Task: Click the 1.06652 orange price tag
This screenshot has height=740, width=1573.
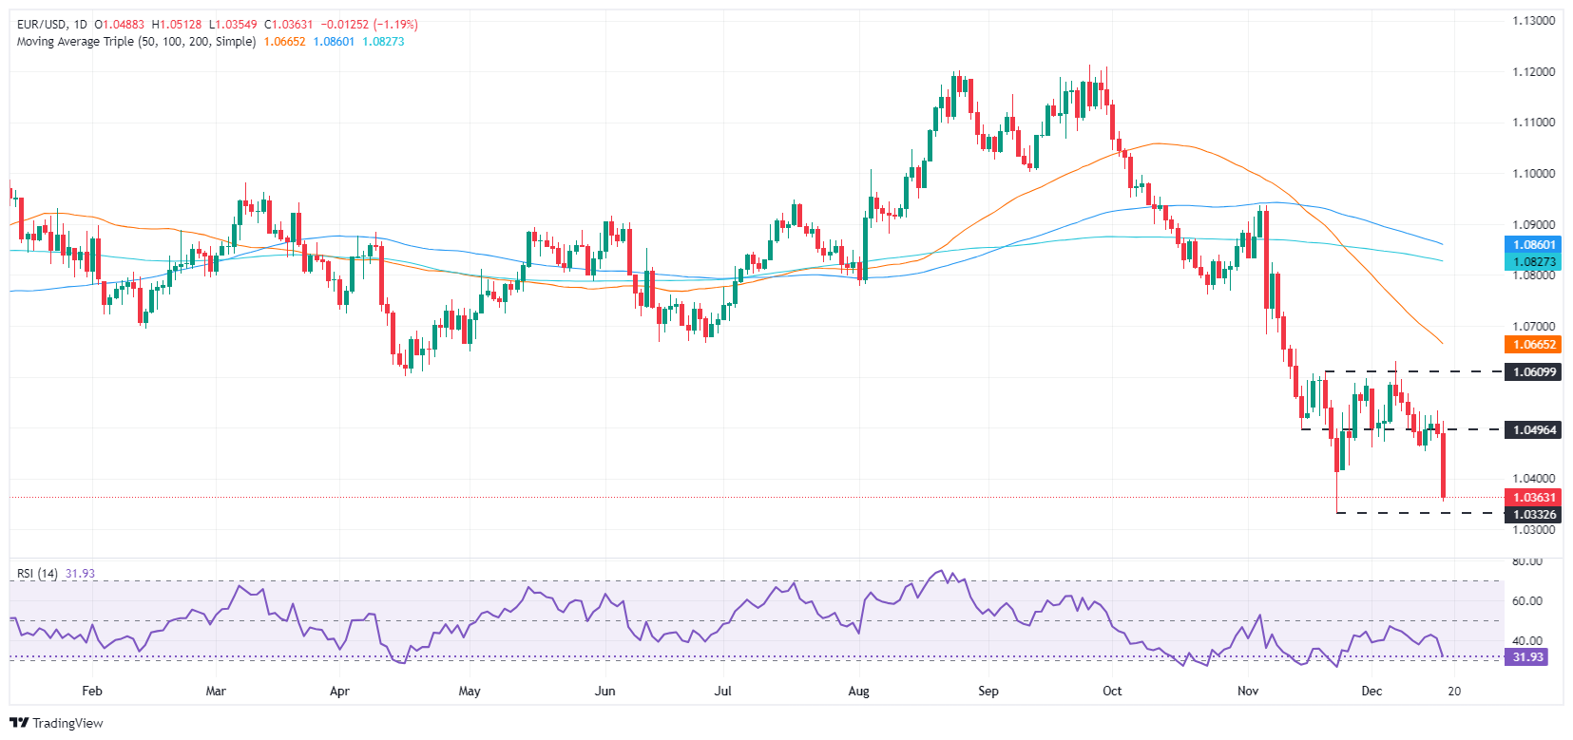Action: pos(1533,345)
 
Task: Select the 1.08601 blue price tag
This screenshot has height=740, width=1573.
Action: pos(1533,245)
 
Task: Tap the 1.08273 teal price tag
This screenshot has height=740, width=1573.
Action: pos(1533,261)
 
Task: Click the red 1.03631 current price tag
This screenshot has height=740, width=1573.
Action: pos(1533,498)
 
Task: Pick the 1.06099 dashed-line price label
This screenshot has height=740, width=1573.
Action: pos(1533,371)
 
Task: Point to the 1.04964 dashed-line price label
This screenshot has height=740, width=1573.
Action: pos(1533,429)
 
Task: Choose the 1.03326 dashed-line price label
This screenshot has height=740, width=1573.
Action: pos(1533,514)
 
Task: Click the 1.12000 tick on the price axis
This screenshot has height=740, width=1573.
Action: pos(1533,72)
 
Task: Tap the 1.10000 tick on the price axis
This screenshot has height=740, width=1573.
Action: pos(1533,174)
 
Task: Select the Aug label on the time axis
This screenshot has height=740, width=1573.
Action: pos(858,691)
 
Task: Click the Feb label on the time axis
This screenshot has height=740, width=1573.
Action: pos(92,691)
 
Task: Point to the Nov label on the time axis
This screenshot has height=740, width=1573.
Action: pos(1248,691)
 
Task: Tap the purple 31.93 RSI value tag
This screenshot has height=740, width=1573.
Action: pos(1526,657)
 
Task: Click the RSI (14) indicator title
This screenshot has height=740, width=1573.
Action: pos(37,574)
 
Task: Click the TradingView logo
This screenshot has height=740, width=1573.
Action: pos(56,723)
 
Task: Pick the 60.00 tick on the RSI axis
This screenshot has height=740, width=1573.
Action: pos(1526,601)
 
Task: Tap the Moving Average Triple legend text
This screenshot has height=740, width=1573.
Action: pos(136,42)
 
